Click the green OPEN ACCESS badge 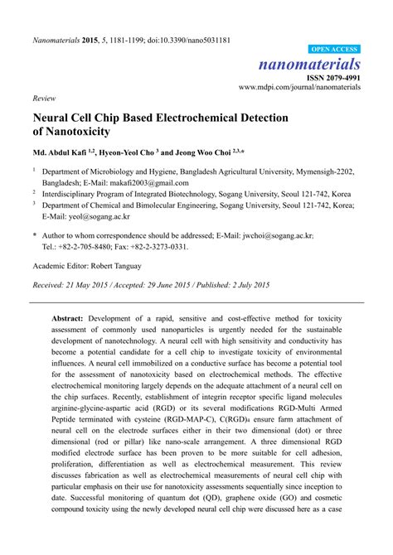point(334,50)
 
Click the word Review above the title point(43,97)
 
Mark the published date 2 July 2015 point(245,285)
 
